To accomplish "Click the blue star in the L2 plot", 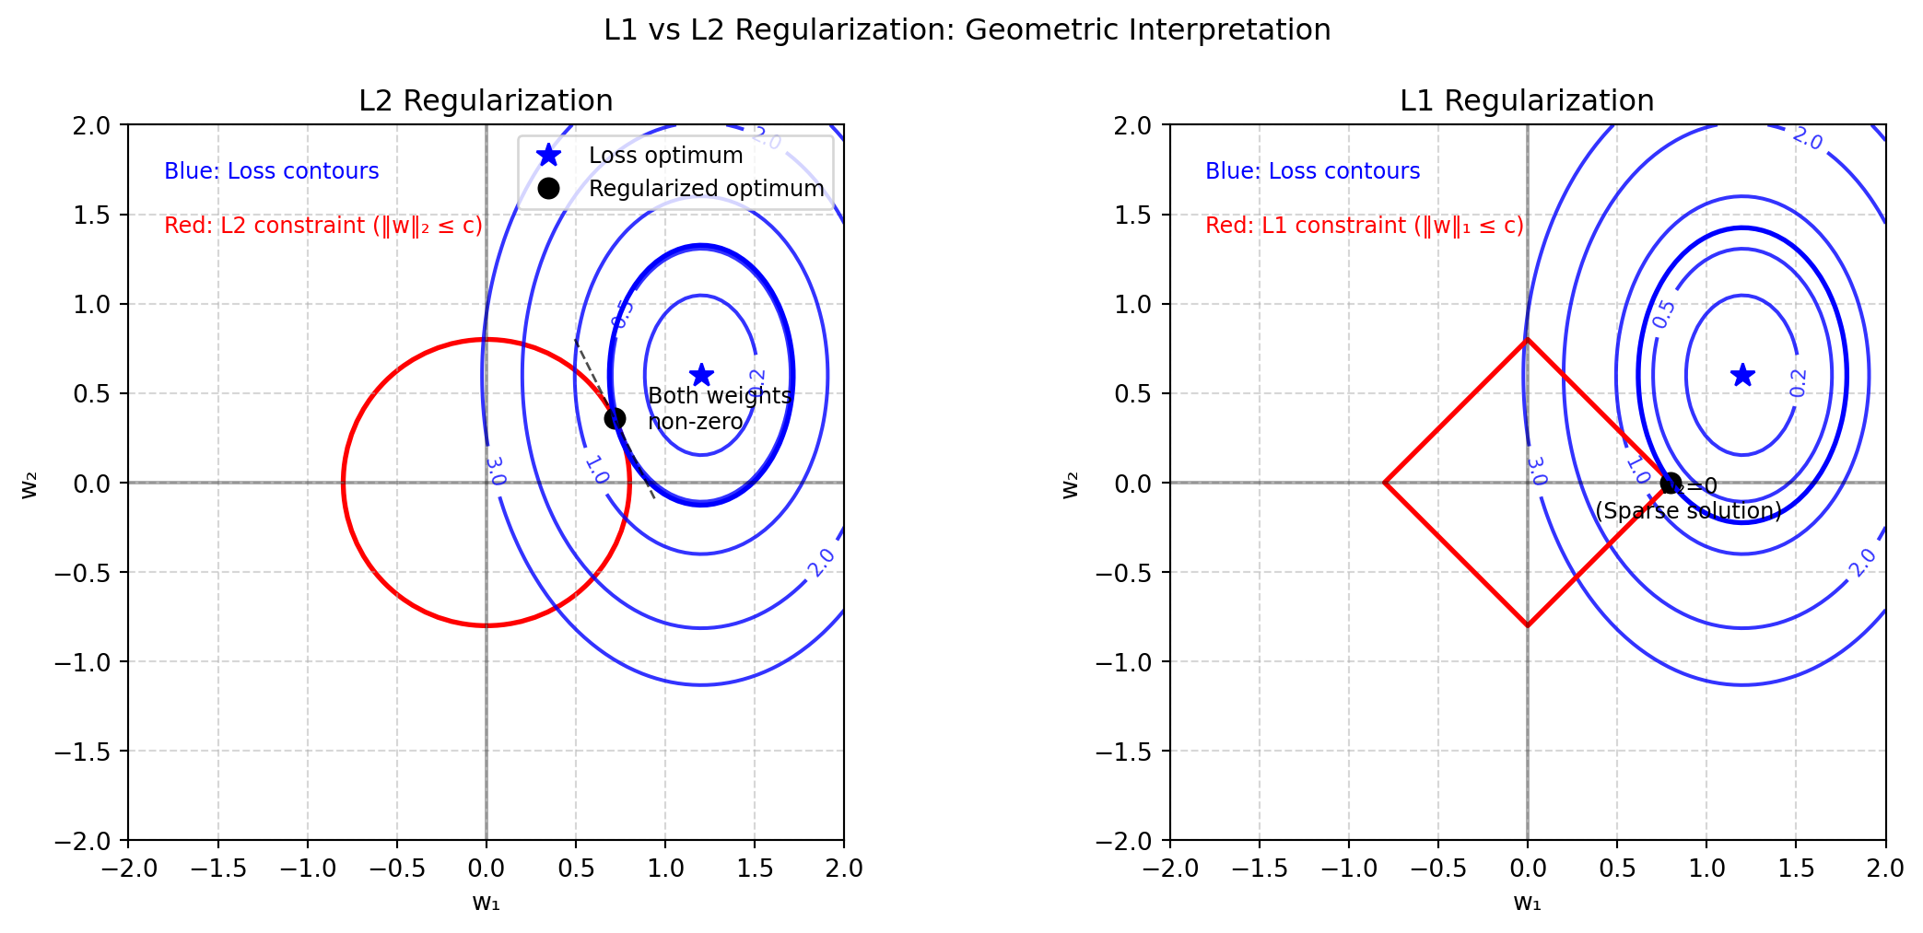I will (701, 375).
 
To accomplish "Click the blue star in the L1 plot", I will (1742, 375).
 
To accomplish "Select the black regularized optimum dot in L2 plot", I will (615, 418).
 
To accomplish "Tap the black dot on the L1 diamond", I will (1671, 483).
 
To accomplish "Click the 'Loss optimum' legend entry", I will (665, 156).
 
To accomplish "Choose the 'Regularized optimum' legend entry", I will (706, 188).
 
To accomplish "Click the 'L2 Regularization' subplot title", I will (486, 100).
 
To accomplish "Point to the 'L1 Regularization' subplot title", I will (1527, 100).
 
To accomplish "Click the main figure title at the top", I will (967, 30).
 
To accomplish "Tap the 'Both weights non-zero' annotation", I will (719, 408).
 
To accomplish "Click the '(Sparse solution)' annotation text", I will (1688, 511).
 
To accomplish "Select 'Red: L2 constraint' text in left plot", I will (322, 226).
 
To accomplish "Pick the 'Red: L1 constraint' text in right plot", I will (1364, 226).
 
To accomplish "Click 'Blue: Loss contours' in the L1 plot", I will (1312, 171).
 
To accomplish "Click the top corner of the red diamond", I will (1528, 340).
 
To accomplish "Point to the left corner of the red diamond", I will (1385, 483).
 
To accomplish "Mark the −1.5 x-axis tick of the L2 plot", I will (217, 869).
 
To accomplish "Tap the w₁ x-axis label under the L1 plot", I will (1527, 903).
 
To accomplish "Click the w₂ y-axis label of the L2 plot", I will (30, 484).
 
